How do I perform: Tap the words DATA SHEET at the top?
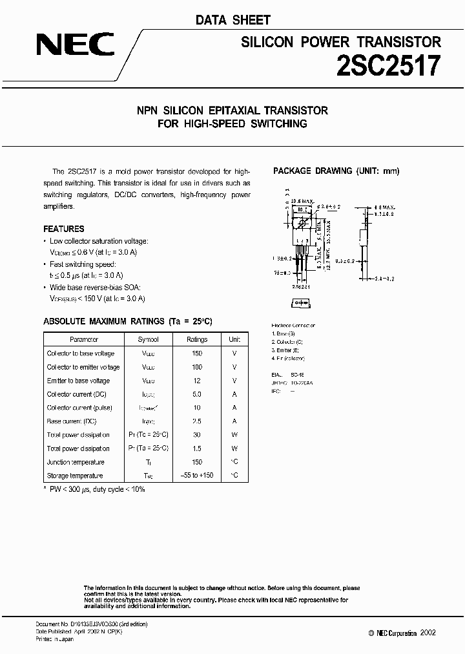click(x=233, y=20)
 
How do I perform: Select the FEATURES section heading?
click(x=63, y=229)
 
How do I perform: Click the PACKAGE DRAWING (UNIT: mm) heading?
click(x=336, y=171)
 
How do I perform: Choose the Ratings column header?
click(x=197, y=339)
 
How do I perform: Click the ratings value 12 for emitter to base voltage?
click(x=197, y=381)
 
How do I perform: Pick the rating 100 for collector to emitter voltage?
click(x=197, y=367)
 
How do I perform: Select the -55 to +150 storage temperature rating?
click(x=197, y=476)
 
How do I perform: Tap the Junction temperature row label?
click(x=75, y=462)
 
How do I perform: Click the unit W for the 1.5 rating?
click(x=234, y=448)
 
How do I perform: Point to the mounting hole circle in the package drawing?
click(x=301, y=224)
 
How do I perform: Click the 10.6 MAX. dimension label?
click(x=302, y=202)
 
